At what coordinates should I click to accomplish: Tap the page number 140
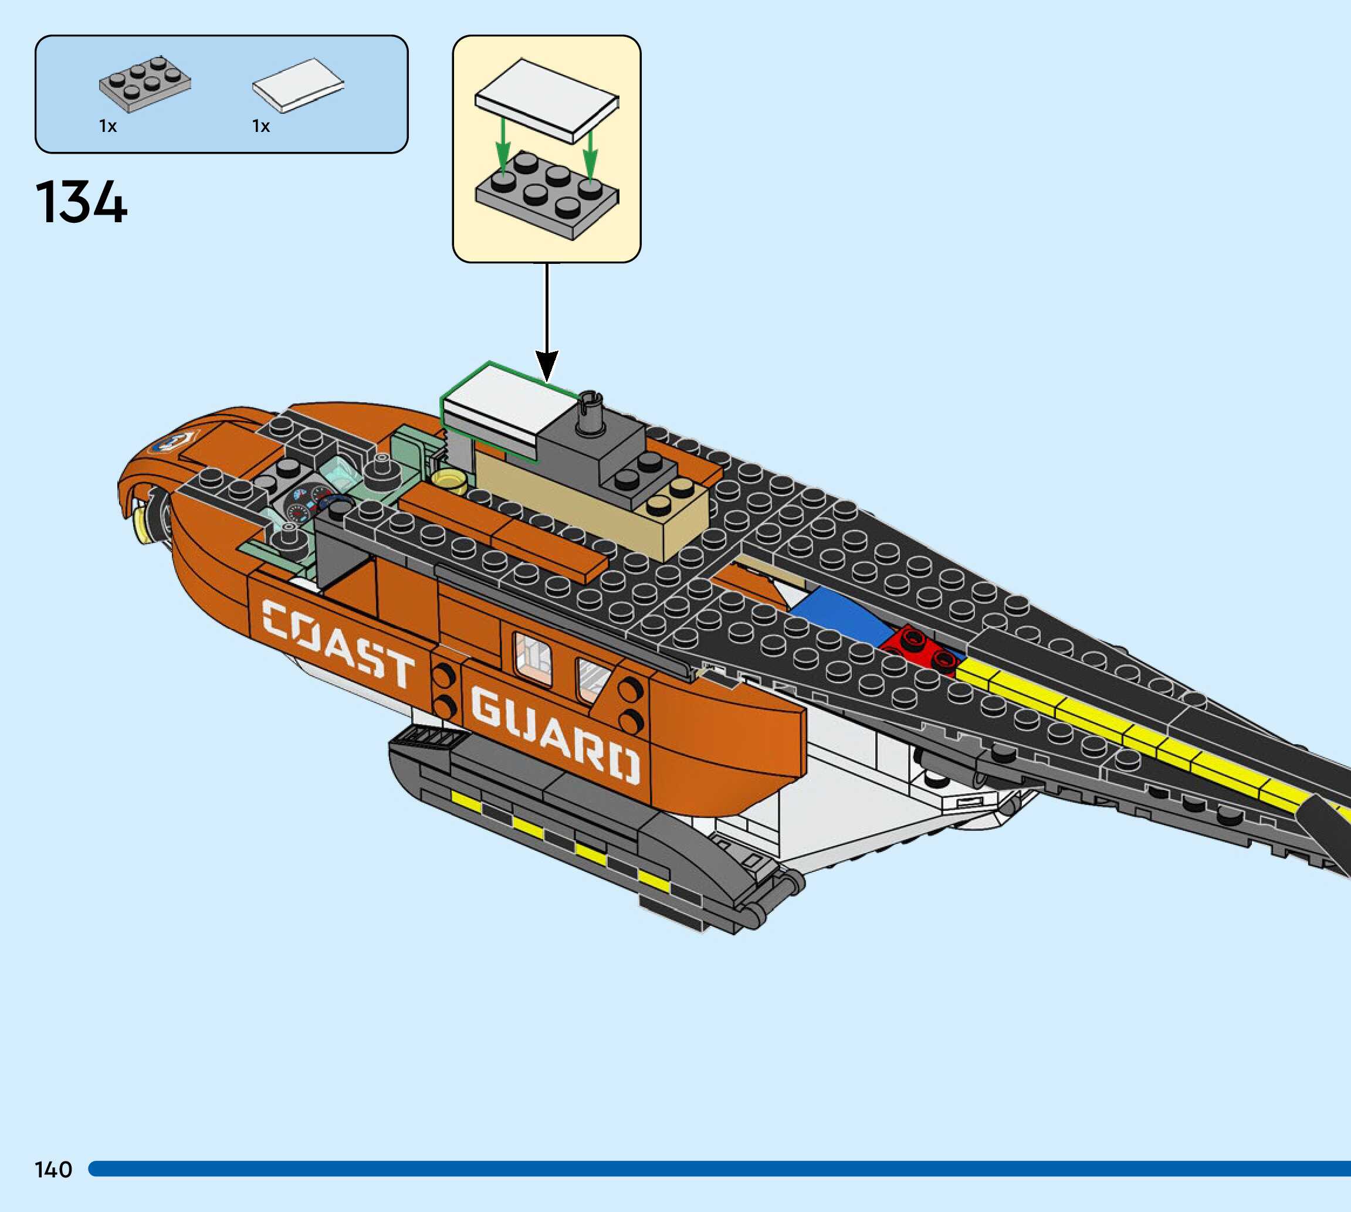pos(53,1169)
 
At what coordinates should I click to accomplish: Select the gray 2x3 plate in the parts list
pos(144,83)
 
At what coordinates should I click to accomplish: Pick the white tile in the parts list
pos(298,85)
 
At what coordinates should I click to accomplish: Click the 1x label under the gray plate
pos(108,127)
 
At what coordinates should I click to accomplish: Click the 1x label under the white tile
pos(261,127)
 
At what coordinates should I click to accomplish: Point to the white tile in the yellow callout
pos(546,100)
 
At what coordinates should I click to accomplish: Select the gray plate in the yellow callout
pos(546,193)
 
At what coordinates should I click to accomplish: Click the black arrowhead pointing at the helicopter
pos(547,366)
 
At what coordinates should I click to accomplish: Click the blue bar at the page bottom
pos(719,1169)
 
